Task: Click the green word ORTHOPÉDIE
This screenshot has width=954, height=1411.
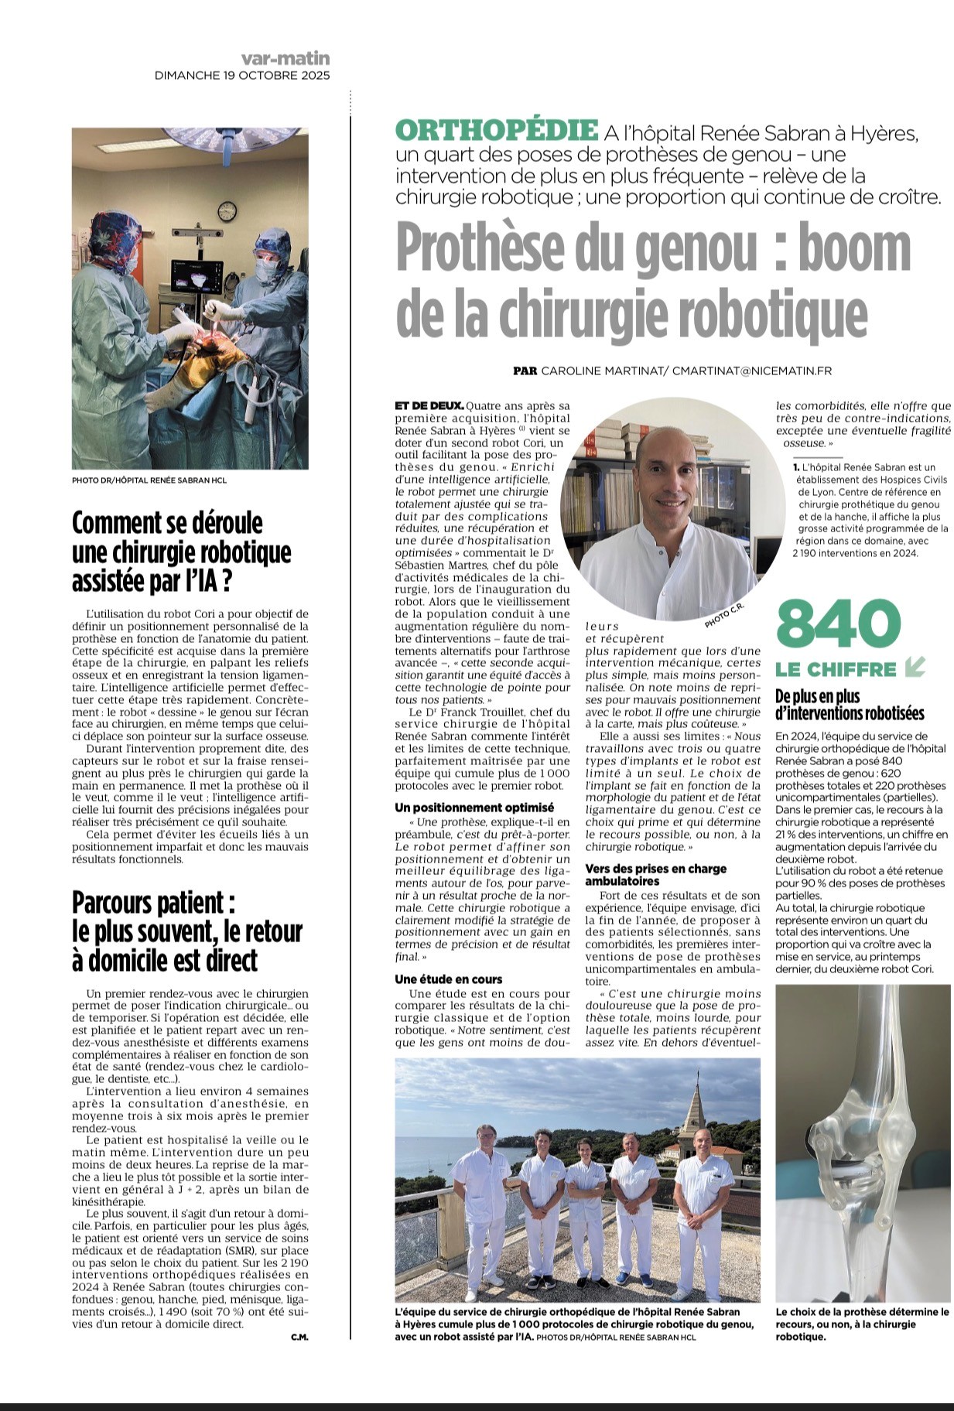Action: click(x=496, y=130)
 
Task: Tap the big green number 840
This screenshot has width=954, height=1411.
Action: click(x=839, y=625)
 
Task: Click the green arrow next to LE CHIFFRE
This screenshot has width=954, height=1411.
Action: click(x=915, y=667)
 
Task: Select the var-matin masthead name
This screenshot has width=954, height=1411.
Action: click(x=285, y=58)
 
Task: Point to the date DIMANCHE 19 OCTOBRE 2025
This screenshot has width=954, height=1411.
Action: click(x=242, y=75)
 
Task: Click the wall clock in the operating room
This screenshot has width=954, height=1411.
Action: click(x=227, y=210)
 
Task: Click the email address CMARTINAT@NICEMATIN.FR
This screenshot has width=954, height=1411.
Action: click(x=752, y=371)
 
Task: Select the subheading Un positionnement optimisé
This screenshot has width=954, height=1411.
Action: click(x=474, y=808)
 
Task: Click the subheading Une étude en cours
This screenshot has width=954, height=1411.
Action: click(x=448, y=979)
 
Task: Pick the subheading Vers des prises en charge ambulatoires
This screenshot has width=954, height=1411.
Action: click(x=655, y=875)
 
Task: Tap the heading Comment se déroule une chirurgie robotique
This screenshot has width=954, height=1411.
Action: click(x=181, y=552)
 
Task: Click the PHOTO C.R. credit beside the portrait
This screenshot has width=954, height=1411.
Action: click(x=723, y=616)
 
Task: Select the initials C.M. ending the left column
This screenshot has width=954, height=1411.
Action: click(x=299, y=1337)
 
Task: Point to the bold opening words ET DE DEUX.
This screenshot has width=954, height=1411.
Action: click(x=429, y=405)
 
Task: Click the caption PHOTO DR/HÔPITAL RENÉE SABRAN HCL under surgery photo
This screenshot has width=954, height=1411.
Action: click(x=149, y=480)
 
